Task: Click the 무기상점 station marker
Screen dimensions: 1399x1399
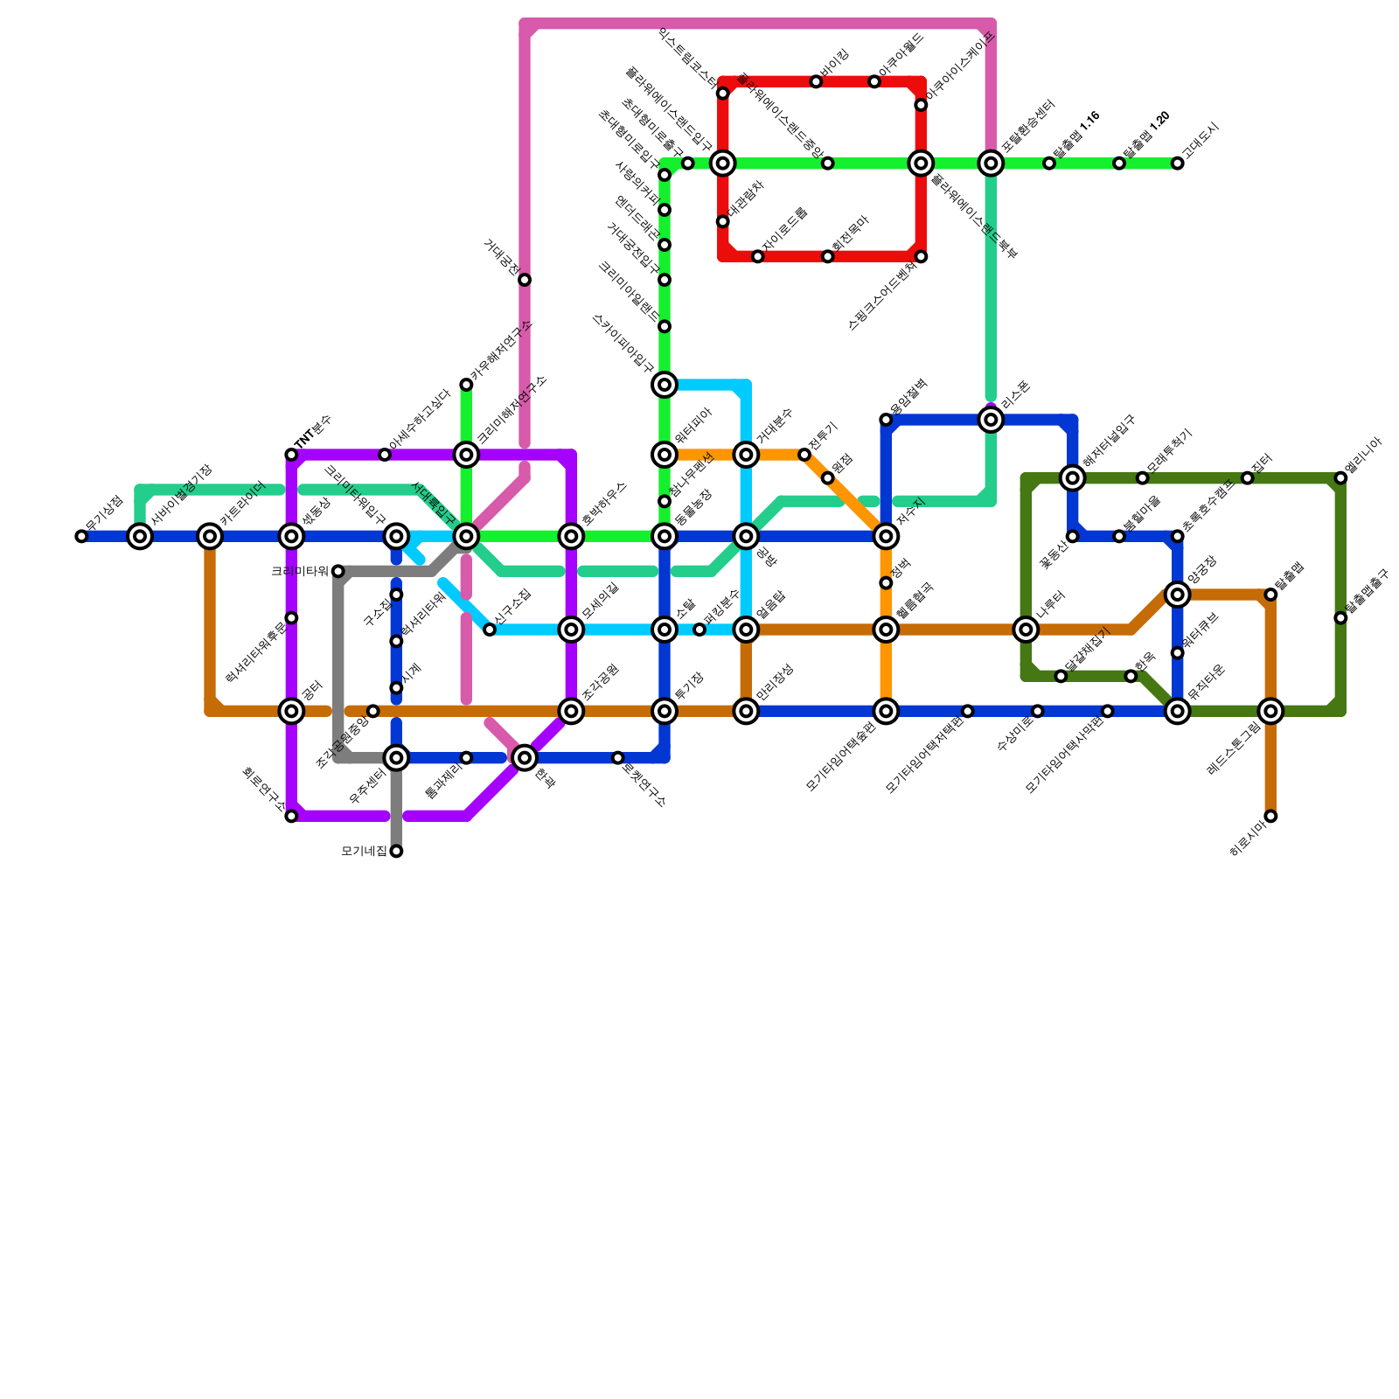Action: (81, 536)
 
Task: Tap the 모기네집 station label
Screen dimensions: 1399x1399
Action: (364, 851)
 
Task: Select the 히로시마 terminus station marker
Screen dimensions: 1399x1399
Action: (1270, 816)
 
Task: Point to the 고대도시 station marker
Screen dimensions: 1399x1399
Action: (1178, 164)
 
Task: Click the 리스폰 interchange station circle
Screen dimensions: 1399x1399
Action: (991, 421)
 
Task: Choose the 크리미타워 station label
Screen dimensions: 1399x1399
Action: (299, 571)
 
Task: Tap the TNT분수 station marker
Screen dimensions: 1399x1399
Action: (291, 455)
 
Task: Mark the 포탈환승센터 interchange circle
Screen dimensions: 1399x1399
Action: (991, 164)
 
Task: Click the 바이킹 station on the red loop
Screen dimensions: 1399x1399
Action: (816, 82)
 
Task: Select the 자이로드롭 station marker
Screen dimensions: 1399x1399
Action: (757, 256)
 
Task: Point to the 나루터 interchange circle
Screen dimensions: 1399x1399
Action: (1026, 630)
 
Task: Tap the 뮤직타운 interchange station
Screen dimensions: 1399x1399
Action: (1178, 711)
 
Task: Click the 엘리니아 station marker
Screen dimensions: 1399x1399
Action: (1340, 477)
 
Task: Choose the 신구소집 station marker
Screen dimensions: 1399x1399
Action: (490, 630)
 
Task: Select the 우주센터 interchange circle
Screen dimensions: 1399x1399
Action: (396, 757)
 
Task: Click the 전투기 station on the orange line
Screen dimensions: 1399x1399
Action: (804, 455)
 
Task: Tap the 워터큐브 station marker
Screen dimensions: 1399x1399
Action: (1178, 652)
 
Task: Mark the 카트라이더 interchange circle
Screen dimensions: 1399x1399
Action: (210, 536)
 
